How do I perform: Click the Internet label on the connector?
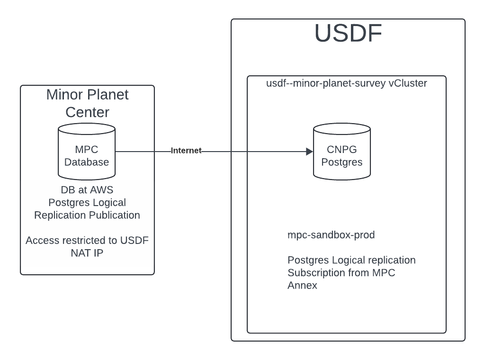pyautogui.click(x=186, y=151)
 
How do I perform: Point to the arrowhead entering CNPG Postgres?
pyautogui.click(x=309, y=152)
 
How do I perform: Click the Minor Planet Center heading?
pyautogui.click(x=87, y=103)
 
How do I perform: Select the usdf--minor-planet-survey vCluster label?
pyautogui.click(x=347, y=84)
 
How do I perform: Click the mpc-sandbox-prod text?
pyautogui.click(x=331, y=235)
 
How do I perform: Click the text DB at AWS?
pyautogui.click(x=87, y=189)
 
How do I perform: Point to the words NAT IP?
pyautogui.click(x=87, y=253)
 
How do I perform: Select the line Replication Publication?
pyautogui.click(x=87, y=215)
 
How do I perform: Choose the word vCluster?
pyautogui.click(x=408, y=84)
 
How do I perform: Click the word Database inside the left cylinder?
pyautogui.click(x=87, y=162)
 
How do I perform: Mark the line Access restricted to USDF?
pyautogui.click(x=87, y=241)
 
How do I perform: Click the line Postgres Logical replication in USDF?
pyautogui.click(x=351, y=260)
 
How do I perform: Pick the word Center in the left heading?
pyautogui.click(x=87, y=112)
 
